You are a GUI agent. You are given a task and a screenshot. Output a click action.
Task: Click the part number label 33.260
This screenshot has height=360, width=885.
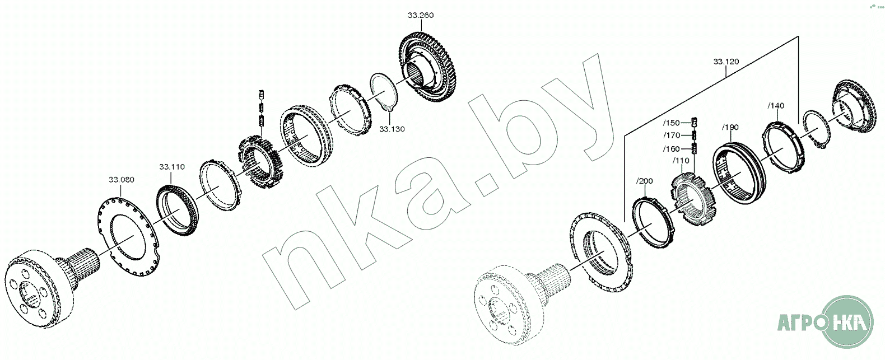421,15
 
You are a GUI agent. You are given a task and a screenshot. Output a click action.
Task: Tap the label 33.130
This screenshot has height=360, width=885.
392,129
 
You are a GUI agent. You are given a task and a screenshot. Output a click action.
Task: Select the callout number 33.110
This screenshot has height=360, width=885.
172,167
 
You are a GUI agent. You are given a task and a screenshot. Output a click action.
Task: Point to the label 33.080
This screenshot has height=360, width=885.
122,180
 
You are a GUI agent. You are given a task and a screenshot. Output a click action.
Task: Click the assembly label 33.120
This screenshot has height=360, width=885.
726,62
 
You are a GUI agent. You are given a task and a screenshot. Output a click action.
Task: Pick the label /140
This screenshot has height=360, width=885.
776,106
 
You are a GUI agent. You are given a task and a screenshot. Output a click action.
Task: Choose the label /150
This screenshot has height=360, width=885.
671,123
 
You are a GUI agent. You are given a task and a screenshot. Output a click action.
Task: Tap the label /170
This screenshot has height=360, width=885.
672,135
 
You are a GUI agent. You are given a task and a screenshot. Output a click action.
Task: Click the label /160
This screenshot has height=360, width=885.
671,149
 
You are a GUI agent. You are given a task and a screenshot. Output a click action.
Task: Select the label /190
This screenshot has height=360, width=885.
730,128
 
